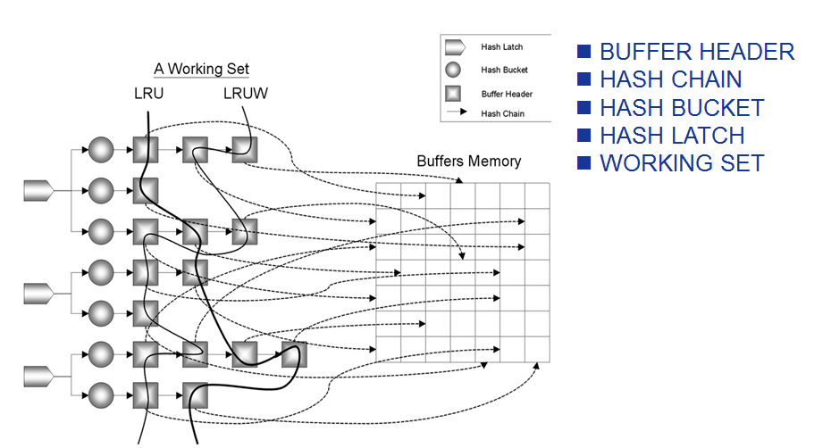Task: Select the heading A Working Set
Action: point(201,69)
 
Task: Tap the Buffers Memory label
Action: point(468,162)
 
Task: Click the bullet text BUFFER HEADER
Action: point(696,52)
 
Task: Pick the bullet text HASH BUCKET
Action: point(682,108)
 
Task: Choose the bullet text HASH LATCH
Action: point(672,136)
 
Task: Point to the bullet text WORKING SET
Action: point(682,163)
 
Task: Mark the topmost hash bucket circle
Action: point(100,148)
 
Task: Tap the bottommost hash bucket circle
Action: point(100,394)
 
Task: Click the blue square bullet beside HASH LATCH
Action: point(584,136)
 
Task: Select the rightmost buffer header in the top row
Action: point(244,148)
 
